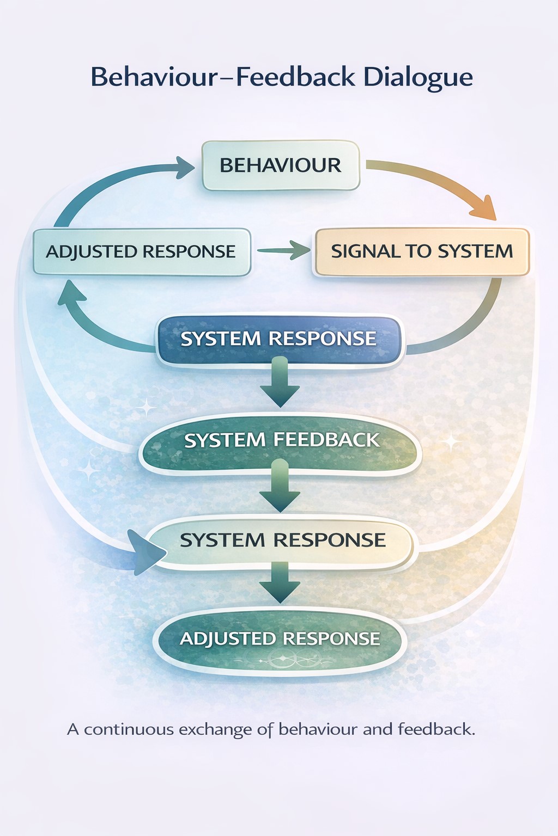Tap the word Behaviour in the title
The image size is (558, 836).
point(154,77)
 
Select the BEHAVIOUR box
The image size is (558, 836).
point(281,165)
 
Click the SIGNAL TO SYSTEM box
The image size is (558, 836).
point(422,251)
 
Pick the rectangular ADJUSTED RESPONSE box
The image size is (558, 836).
point(141,251)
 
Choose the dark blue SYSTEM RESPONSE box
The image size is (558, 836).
point(278,339)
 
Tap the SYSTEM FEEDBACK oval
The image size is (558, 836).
point(281,440)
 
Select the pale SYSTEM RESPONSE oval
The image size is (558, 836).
point(282,540)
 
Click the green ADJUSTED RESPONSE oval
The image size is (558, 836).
point(280,638)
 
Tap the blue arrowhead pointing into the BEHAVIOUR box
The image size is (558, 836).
point(183,166)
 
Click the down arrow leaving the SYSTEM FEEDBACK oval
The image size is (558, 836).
point(280,487)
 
